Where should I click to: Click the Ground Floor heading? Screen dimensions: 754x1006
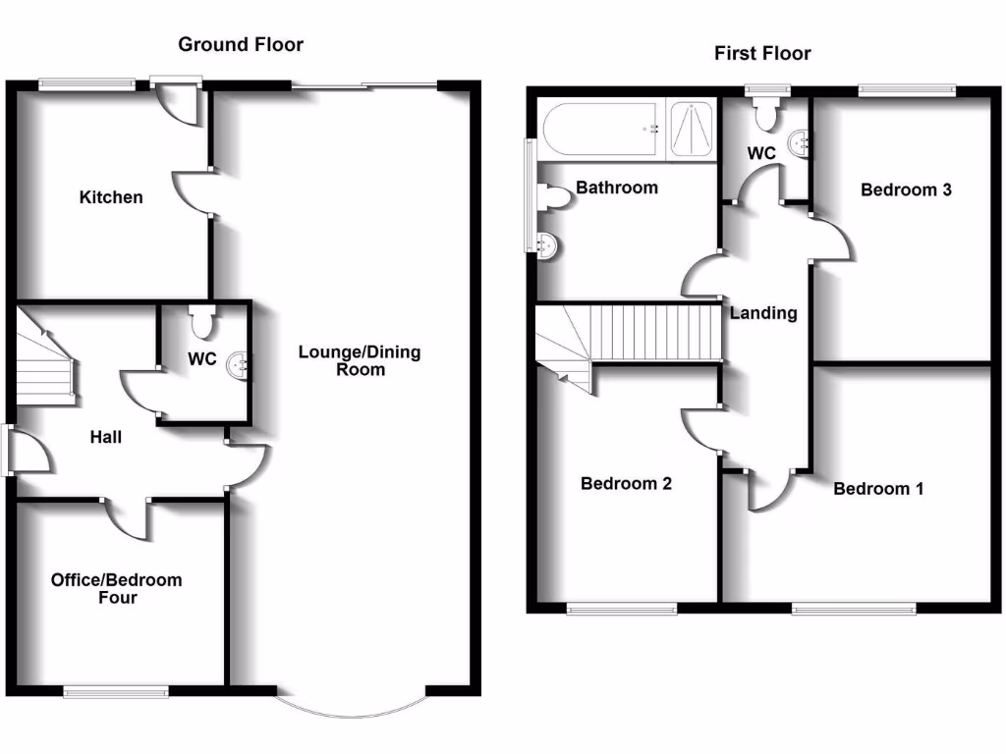pos(241,44)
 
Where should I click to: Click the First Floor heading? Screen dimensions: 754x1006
pos(762,53)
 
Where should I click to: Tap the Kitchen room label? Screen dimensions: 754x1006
pos(111,197)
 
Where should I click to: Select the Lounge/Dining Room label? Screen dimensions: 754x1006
pos(360,360)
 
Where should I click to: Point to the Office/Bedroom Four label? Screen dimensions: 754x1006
pos(116,588)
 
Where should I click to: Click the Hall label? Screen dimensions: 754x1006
pos(106,437)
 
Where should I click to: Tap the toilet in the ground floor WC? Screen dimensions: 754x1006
pos(202,320)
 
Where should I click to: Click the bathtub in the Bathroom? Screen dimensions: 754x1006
pos(600,129)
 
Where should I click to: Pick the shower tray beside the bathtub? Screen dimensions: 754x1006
pos(694,130)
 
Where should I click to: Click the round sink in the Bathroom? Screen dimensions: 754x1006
pos(547,245)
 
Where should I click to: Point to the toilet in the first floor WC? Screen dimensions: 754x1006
pos(766,113)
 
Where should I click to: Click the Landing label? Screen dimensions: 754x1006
pos(763,313)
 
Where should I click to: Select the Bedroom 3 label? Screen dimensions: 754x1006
pos(906,189)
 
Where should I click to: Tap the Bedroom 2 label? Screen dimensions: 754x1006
pos(626,483)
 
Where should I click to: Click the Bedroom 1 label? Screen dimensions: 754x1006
pos(878,488)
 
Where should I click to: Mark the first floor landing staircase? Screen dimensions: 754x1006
pos(629,334)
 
